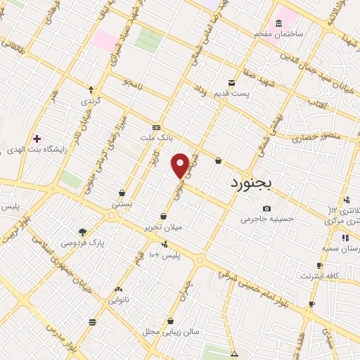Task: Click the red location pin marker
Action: (x=180, y=165)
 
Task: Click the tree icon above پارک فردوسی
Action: (x=82, y=231)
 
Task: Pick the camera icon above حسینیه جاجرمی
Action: (x=266, y=208)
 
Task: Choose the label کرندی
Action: (x=91, y=101)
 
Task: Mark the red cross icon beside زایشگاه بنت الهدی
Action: (x=37, y=139)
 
